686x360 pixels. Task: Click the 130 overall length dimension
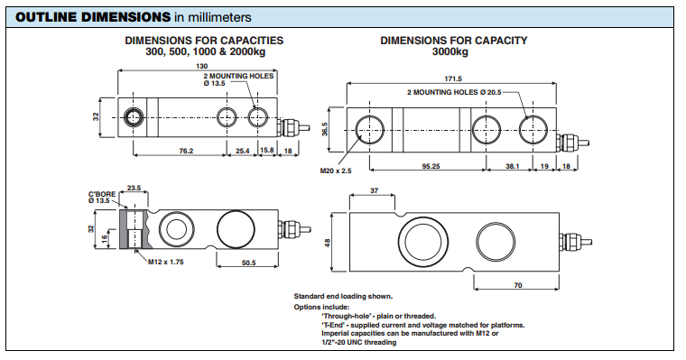201,66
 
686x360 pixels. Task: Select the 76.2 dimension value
186,151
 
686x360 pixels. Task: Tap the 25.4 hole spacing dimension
243,151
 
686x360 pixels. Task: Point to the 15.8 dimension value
267,150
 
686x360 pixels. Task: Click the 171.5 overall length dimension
453,78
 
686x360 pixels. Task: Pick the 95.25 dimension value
431,166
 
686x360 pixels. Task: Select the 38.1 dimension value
513,166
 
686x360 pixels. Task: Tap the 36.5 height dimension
325,129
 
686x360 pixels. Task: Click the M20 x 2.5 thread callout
336,171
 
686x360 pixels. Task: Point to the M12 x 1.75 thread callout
166,262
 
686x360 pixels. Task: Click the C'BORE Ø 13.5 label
102,198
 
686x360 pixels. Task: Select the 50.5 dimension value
248,263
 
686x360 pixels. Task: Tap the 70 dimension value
518,285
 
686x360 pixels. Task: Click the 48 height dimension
328,243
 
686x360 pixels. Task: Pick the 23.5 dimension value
134,188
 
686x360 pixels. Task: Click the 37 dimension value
374,190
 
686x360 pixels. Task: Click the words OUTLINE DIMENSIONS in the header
93,17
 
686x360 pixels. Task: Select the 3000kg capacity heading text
450,51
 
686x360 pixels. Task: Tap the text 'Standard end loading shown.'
343,296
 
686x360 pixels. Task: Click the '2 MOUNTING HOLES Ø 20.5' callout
454,92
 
